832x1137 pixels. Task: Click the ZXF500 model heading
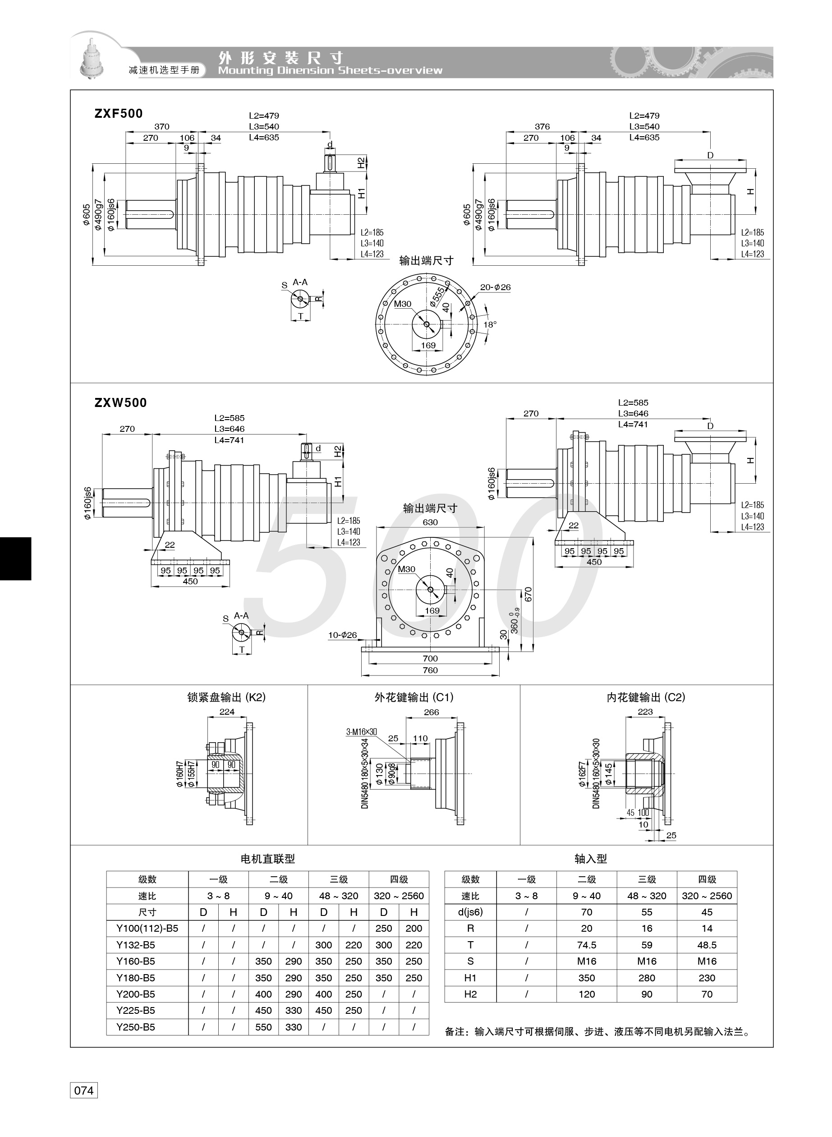119,113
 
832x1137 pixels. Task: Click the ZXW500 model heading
121,402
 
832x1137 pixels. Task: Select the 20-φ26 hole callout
495,287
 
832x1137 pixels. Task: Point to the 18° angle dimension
490,324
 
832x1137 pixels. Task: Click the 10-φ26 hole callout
342,635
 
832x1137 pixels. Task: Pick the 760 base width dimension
430,670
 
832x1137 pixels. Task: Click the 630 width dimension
430,522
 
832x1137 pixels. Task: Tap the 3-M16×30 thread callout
361,732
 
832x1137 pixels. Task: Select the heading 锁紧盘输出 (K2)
226,697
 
